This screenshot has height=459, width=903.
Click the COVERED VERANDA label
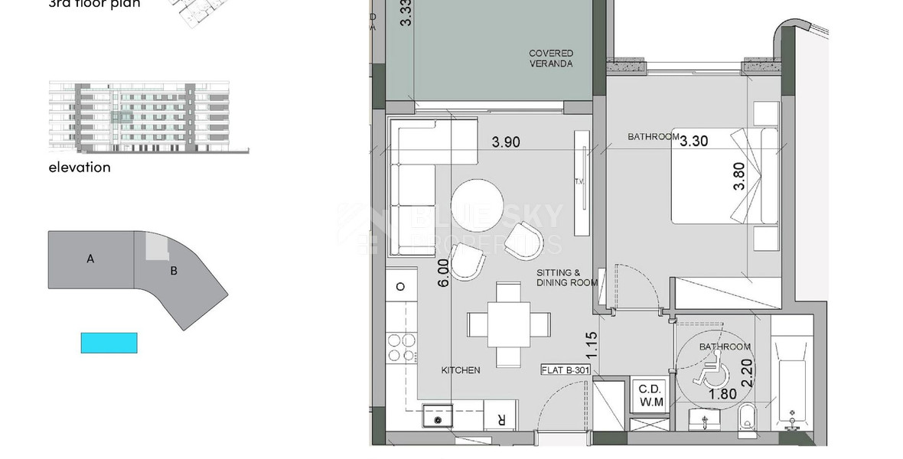click(x=550, y=58)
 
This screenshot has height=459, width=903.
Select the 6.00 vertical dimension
click(x=442, y=273)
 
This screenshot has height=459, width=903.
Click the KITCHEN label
click(x=461, y=370)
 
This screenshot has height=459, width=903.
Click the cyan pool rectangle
click(x=109, y=342)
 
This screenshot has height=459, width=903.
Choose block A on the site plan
click(x=90, y=259)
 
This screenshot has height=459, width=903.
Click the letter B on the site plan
click(x=174, y=269)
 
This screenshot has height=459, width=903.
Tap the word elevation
click(x=79, y=167)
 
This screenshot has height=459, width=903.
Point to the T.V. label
click(x=578, y=182)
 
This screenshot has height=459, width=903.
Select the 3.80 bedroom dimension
click(x=738, y=180)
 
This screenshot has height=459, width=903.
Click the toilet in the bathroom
click(x=748, y=418)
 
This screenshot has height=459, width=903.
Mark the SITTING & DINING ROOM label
click(x=566, y=277)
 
